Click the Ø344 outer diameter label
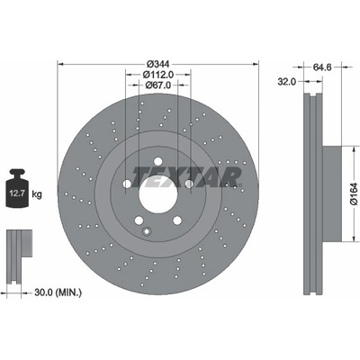[158, 64]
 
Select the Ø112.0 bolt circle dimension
[158, 75]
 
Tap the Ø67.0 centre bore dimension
[158, 85]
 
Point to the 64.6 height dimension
[322, 67]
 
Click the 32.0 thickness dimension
[286, 81]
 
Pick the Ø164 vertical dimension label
[354, 193]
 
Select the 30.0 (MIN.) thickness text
[58, 292]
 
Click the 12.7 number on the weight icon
[17, 193]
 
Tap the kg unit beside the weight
[37, 194]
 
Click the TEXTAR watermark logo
[186, 177]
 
